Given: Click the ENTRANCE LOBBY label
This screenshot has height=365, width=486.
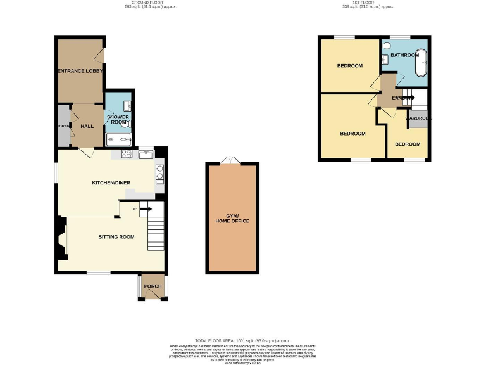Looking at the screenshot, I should (80, 71).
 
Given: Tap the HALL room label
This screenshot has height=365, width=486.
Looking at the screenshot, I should (87, 126).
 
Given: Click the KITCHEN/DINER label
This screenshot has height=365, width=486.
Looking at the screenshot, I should (111, 183).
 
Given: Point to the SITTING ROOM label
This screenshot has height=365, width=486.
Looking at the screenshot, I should (116, 237).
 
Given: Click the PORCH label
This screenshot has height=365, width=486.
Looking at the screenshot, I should (153, 286).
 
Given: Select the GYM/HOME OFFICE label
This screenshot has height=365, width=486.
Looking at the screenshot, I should (232, 218).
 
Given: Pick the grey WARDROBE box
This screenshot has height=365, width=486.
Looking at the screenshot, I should (416, 119).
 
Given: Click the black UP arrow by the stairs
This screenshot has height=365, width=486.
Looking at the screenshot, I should (144, 208).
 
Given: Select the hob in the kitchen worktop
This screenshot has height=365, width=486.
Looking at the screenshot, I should (126, 153).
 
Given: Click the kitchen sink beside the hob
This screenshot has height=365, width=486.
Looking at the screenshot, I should (144, 153).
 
